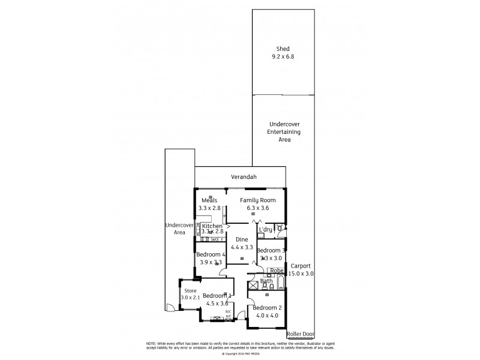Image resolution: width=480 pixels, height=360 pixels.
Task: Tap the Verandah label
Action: [x=244, y=177]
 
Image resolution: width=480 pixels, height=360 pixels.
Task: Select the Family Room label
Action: [x=257, y=200]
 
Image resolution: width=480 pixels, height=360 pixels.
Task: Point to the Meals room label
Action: [x=209, y=200]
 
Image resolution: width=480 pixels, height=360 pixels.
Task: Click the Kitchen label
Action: [x=212, y=226]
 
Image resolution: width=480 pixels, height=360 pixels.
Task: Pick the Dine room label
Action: [x=242, y=239]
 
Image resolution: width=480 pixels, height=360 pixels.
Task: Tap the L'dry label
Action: [x=265, y=229]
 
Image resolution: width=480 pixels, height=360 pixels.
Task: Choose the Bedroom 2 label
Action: [x=267, y=308]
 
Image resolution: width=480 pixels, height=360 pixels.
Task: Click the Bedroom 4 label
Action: [x=211, y=254]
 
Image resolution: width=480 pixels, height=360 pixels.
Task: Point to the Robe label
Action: [x=275, y=271]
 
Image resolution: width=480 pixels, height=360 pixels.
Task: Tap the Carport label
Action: [x=301, y=266]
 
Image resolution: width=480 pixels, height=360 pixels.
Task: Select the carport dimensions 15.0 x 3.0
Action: [x=301, y=274]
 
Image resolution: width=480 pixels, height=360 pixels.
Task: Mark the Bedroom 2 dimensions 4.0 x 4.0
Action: [x=267, y=316]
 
